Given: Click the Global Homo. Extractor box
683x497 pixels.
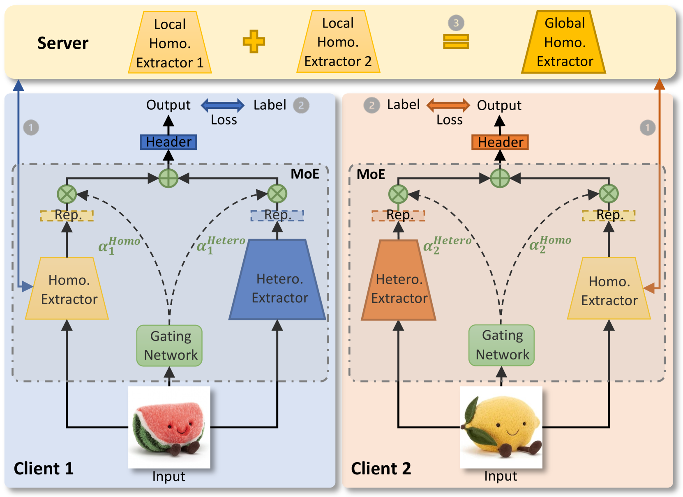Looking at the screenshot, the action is [563, 42].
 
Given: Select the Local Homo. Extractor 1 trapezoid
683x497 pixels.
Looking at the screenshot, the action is [170, 42].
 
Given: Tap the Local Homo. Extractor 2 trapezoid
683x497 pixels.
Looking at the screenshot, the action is [338, 42].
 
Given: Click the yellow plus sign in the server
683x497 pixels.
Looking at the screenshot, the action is [254, 41].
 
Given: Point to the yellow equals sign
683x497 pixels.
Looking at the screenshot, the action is [456, 42].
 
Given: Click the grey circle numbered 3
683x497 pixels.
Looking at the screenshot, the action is [456, 23].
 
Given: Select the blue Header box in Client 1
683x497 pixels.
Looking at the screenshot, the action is [168, 142].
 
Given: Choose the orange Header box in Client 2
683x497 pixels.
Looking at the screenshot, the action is [500, 142].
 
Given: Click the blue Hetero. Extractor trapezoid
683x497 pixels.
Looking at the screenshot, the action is [277, 279].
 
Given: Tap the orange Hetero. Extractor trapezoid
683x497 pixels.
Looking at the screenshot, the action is [399, 280].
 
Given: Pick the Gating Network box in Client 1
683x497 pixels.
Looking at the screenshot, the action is [169, 345].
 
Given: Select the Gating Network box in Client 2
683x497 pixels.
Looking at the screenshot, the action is [501, 345].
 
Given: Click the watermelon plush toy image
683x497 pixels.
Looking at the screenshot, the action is [169, 427].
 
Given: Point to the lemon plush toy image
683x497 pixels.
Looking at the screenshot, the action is [501, 427].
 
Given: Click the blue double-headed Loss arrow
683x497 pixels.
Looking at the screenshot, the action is [222, 106].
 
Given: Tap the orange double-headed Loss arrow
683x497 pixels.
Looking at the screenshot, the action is [448, 106].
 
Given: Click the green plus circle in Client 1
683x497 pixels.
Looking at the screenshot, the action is [168, 178].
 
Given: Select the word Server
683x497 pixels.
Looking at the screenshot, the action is [63, 43].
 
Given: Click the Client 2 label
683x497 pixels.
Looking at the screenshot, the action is [381, 468].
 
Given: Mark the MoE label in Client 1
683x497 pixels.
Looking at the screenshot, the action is [305, 174].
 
